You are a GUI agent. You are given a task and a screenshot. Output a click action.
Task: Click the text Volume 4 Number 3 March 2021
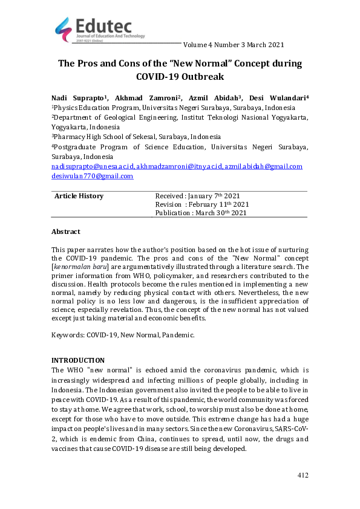(232, 45)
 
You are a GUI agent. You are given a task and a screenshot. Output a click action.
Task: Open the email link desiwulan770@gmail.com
(92, 176)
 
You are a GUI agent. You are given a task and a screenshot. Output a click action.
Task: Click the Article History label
(79, 196)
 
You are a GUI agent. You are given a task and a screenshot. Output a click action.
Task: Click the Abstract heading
(65, 232)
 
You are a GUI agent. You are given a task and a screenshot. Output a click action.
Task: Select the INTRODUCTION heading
(77, 360)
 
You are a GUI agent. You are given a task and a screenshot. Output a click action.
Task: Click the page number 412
(303, 476)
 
